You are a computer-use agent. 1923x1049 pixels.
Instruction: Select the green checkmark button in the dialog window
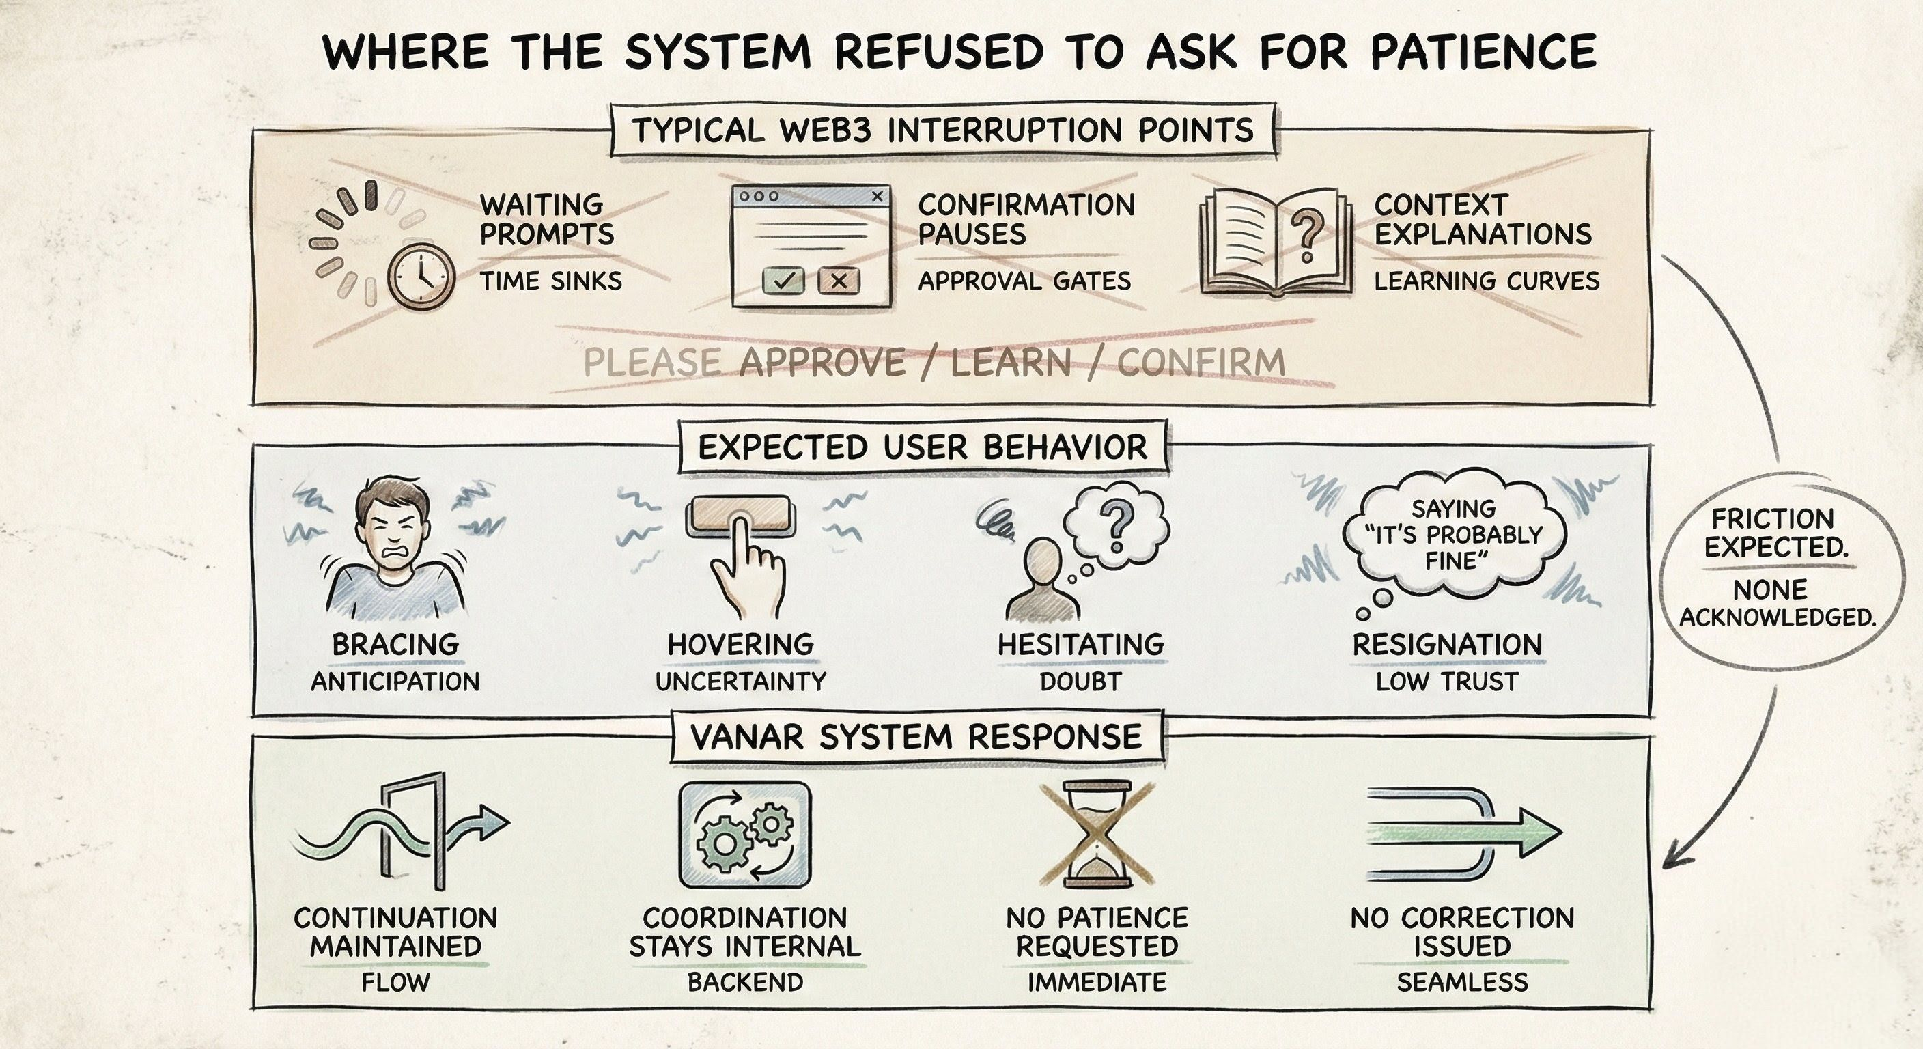point(783,281)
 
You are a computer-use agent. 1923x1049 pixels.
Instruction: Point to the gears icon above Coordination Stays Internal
point(744,833)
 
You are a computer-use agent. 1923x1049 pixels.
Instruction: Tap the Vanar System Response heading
point(916,736)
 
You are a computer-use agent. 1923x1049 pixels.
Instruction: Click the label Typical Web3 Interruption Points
point(943,130)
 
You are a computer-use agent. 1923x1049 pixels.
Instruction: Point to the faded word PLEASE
point(651,363)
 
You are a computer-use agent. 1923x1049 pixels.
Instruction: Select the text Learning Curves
point(1486,281)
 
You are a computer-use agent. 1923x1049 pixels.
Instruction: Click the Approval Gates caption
point(1024,281)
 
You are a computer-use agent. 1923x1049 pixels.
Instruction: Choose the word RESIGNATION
point(1447,644)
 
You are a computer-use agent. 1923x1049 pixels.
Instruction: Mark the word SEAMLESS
point(1461,981)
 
